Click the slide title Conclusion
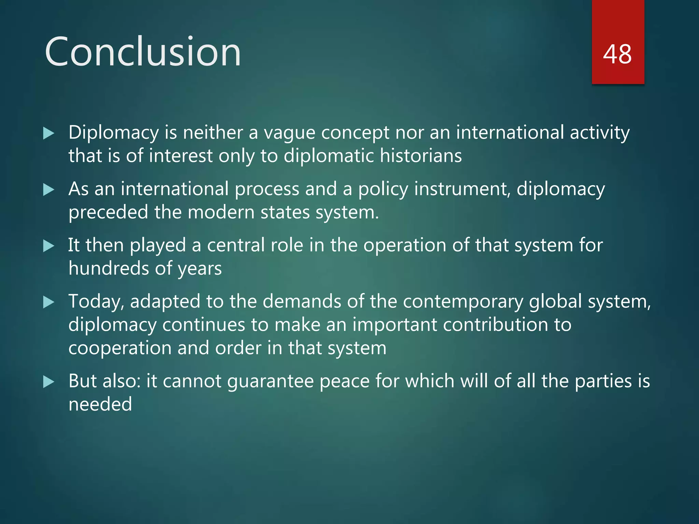(x=143, y=52)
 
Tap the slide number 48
(x=617, y=54)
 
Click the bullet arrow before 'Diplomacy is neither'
(x=49, y=133)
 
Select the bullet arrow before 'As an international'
(x=49, y=190)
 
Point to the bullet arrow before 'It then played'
(x=49, y=246)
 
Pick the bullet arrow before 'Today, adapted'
(x=49, y=302)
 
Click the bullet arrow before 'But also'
(x=49, y=382)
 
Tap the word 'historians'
(x=420, y=156)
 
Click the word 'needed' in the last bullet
(x=100, y=404)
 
